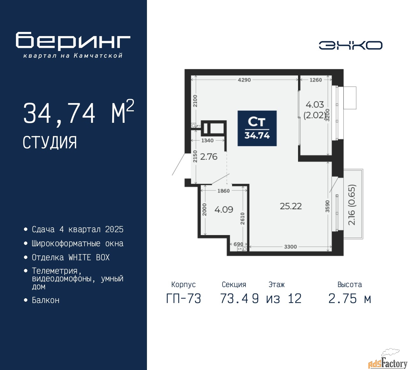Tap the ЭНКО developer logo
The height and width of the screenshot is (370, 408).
tap(350, 45)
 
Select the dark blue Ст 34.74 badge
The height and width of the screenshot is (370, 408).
tap(257, 128)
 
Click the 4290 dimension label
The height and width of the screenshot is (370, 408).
tap(244, 80)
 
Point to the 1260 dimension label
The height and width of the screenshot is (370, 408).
tap(316, 80)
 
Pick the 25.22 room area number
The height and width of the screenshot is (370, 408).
tap(291, 206)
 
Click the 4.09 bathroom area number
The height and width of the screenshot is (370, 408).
tap(224, 210)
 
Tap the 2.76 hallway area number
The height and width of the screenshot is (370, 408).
tap(209, 157)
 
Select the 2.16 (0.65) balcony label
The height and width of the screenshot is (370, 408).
tap(352, 205)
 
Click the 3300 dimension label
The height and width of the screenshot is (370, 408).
tap(290, 247)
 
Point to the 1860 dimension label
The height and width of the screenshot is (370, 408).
tap(223, 191)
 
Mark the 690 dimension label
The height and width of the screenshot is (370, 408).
tap(238, 244)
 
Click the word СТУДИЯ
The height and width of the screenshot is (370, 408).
tap(50, 143)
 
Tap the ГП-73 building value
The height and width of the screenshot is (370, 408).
tap(184, 299)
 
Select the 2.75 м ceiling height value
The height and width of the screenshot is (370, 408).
tap(350, 299)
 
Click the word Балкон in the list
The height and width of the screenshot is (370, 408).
tap(46, 300)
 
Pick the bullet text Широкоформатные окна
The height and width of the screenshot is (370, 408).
tap(77, 243)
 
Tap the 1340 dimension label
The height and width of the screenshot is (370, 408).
tap(207, 140)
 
